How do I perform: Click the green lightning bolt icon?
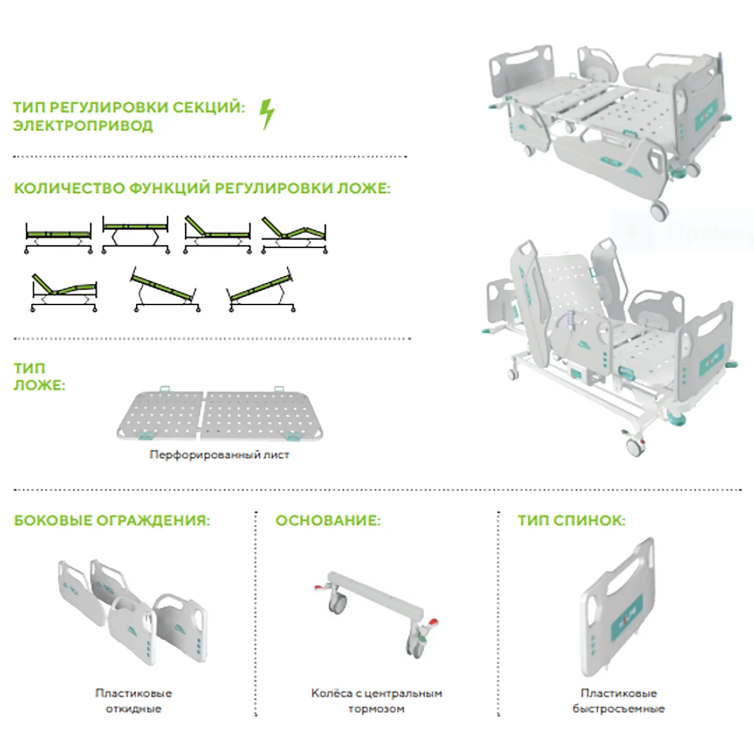267,114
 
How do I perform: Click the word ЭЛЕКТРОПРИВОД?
83,126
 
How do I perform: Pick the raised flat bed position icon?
135,234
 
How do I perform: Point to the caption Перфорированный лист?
219,455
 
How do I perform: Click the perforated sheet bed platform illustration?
220,415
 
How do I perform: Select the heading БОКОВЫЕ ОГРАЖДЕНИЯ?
112,521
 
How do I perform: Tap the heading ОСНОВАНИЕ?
328,521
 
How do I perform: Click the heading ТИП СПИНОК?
572,521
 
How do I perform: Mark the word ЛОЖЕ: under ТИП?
39,386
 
